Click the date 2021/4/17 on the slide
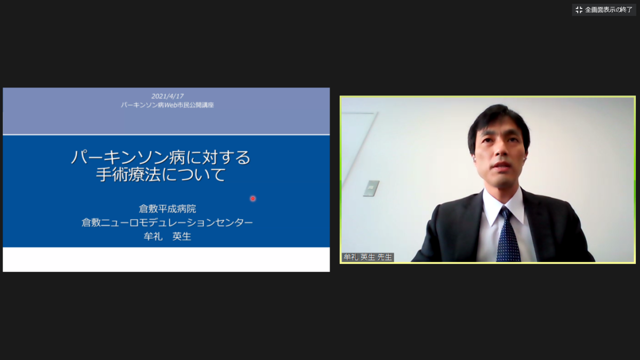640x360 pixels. pyautogui.click(x=167, y=97)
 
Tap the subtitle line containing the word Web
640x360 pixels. pyautogui.click(x=167, y=105)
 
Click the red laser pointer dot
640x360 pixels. pyautogui.click(x=253, y=198)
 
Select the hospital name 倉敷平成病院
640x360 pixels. pyautogui.click(x=167, y=209)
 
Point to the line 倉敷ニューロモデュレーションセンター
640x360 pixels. pyautogui.click(x=167, y=222)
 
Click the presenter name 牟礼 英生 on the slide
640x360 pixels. pyautogui.click(x=167, y=237)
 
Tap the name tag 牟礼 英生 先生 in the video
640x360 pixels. pyautogui.click(x=367, y=257)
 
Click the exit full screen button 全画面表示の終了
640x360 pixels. pyautogui.click(x=604, y=10)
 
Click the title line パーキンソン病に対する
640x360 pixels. pyautogui.click(x=161, y=157)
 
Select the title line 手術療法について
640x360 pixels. pyautogui.click(x=161, y=174)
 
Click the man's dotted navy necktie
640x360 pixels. pyautogui.click(x=508, y=235)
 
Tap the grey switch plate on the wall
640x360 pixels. pyautogui.click(x=371, y=188)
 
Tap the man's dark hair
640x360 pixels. pyautogui.click(x=499, y=123)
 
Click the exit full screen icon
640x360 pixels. pyautogui.click(x=579, y=10)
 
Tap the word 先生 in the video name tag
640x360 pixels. pyautogui.click(x=385, y=257)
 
